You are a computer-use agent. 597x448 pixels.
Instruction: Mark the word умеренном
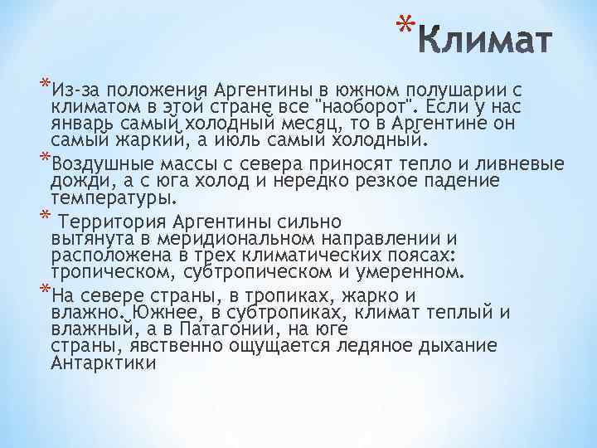pyautogui.click(x=411, y=272)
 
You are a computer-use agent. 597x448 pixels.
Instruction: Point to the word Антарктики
pyautogui.click(x=103, y=363)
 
